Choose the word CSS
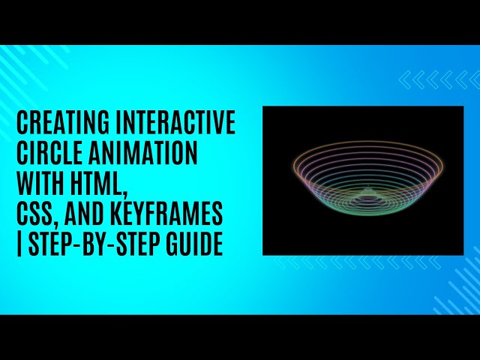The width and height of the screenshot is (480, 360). (34, 216)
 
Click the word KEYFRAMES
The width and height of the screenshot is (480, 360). (173, 216)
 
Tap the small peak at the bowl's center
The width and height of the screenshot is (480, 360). (367, 190)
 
